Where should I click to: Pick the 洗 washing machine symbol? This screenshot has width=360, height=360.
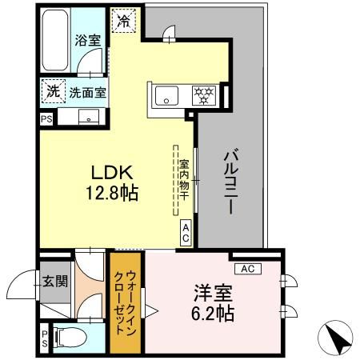[x=51, y=91]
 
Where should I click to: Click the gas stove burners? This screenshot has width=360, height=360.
[x=205, y=95]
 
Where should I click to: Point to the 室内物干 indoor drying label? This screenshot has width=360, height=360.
[x=183, y=178]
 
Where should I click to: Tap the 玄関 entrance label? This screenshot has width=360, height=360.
[x=56, y=281]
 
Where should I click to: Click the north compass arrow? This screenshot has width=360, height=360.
[x=339, y=341]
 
